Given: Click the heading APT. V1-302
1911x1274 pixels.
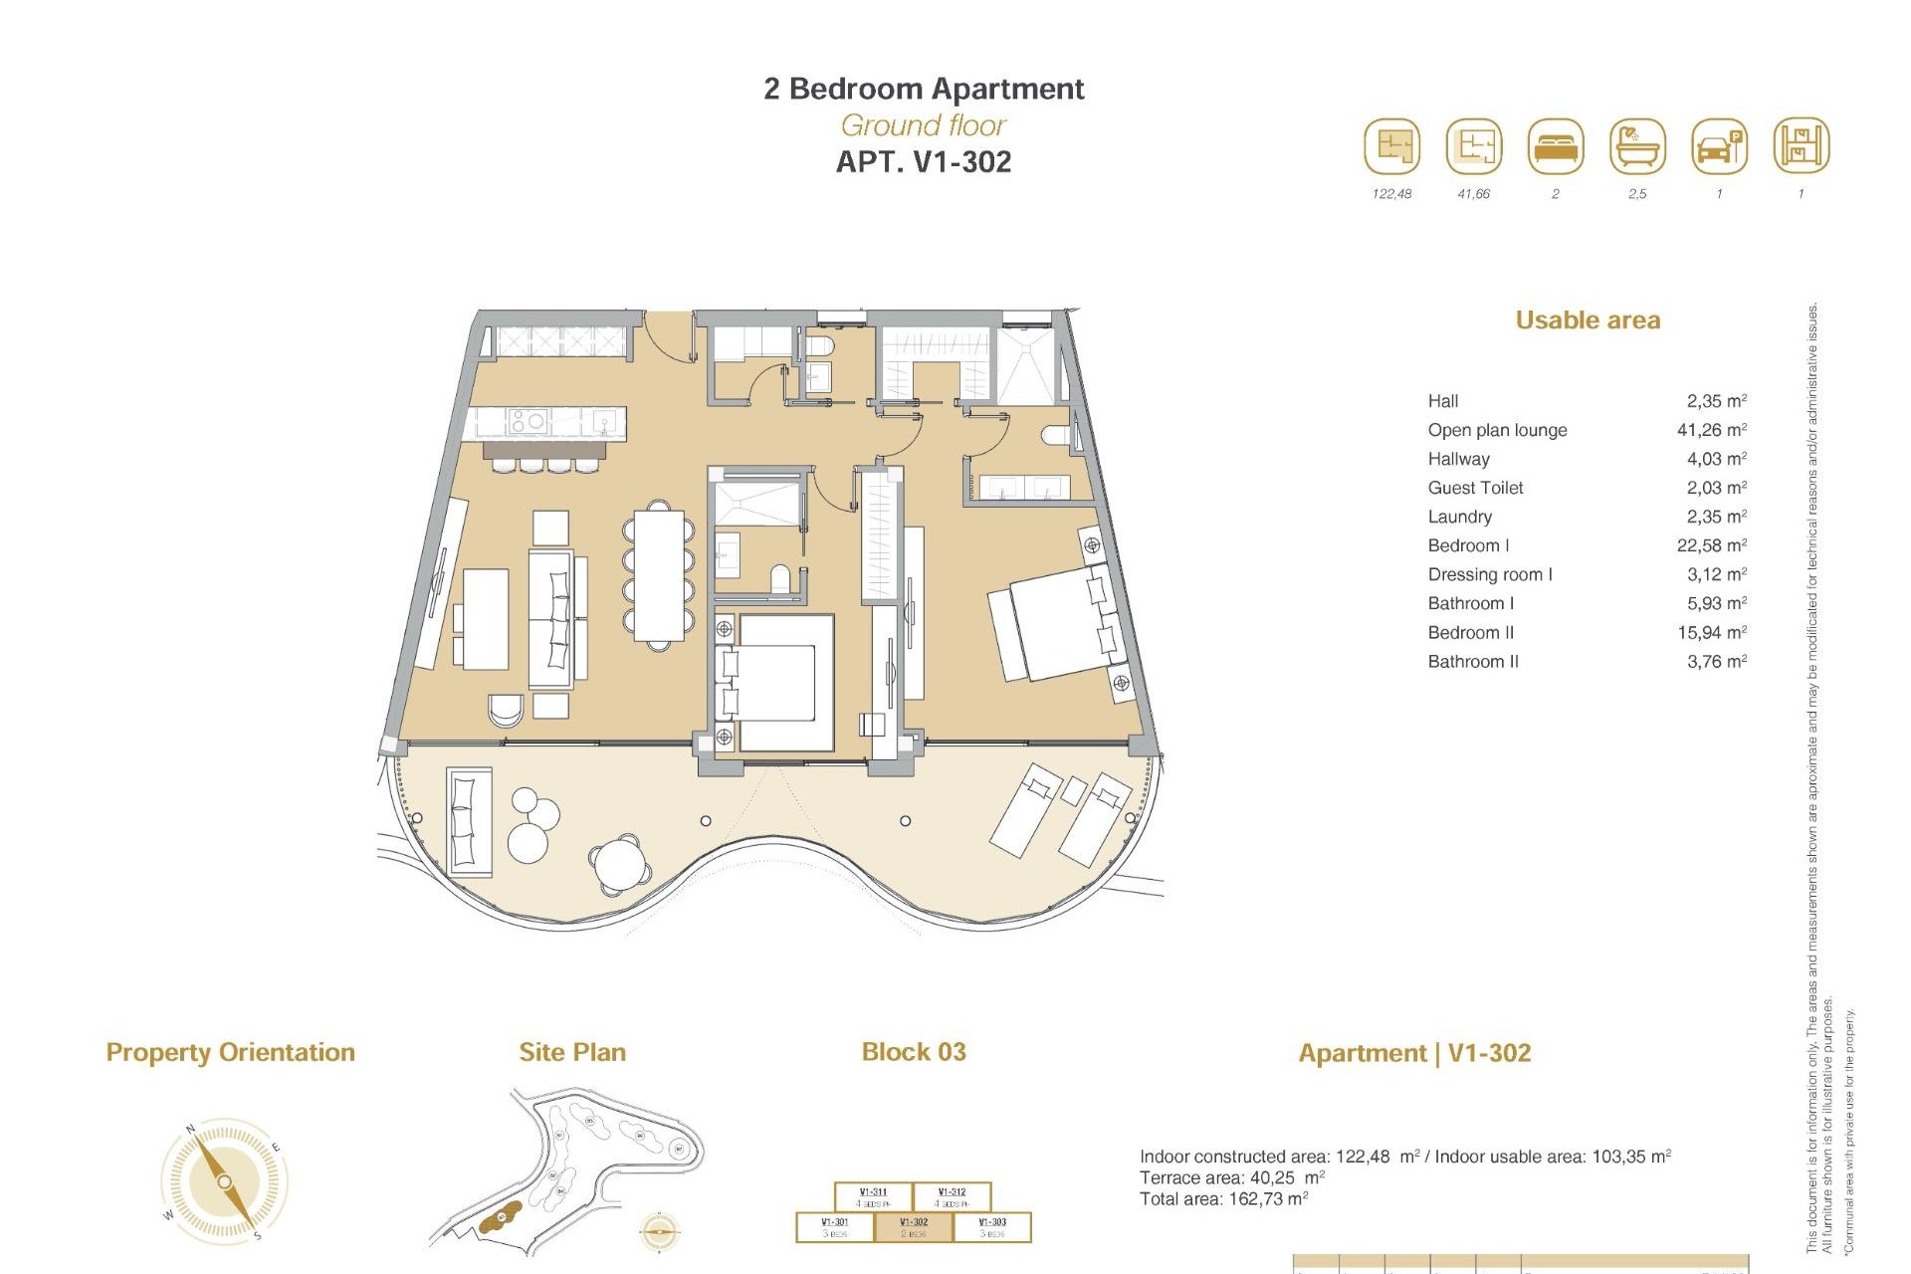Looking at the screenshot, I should (x=923, y=162).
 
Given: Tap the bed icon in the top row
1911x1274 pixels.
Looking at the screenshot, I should (x=1556, y=146).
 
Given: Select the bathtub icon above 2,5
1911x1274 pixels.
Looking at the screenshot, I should (x=1637, y=146).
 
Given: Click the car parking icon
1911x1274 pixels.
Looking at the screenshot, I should (x=1719, y=146).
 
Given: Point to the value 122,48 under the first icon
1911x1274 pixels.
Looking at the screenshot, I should (x=1391, y=194).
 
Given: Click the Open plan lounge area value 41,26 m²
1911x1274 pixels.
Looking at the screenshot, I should (x=1711, y=430).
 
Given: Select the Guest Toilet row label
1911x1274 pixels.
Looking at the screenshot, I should (x=1475, y=488).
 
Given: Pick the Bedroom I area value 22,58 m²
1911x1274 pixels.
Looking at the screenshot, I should (x=1711, y=545).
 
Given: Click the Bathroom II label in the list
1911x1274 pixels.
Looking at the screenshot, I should (x=1473, y=661).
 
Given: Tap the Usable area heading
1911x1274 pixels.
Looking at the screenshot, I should (x=1588, y=320).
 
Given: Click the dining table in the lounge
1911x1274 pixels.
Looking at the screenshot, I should (x=659, y=575).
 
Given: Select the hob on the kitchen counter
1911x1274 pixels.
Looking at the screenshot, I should (x=527, y=422).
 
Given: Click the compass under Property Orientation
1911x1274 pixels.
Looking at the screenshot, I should (x=225, y=1181).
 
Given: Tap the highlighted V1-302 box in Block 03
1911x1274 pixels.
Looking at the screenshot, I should (x=914, y=1227).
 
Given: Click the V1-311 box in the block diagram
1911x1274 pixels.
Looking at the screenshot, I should (x=873, y=1196).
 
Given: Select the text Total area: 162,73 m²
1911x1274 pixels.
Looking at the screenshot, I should (x=1223, y=1199).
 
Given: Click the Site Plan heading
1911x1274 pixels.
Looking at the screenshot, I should (x=572, y=1052).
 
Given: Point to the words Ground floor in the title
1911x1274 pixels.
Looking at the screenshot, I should (x=923, y=125).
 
